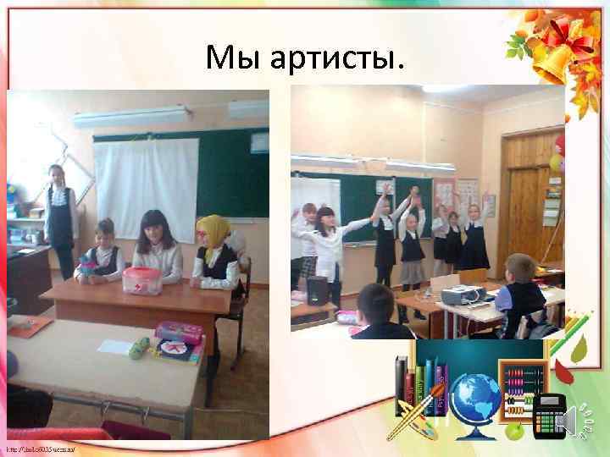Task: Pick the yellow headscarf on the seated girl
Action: click(213, 233)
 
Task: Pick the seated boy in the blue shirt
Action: click(518, 295)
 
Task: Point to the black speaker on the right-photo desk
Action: click(317, 290)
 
